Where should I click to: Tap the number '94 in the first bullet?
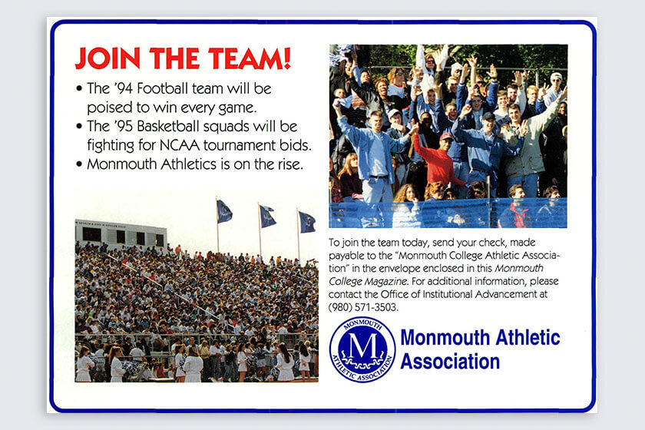(123, 88)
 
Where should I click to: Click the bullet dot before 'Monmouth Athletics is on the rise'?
(79, 164)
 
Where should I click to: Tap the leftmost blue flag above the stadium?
(224, 211)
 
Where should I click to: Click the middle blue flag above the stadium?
(267, 217)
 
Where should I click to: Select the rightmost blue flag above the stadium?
(307, 222)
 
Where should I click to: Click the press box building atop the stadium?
(121, 234)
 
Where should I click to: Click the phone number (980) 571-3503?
(363, 307)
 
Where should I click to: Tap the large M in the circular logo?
(362, 346)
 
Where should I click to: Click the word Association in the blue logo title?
(450, 362)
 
